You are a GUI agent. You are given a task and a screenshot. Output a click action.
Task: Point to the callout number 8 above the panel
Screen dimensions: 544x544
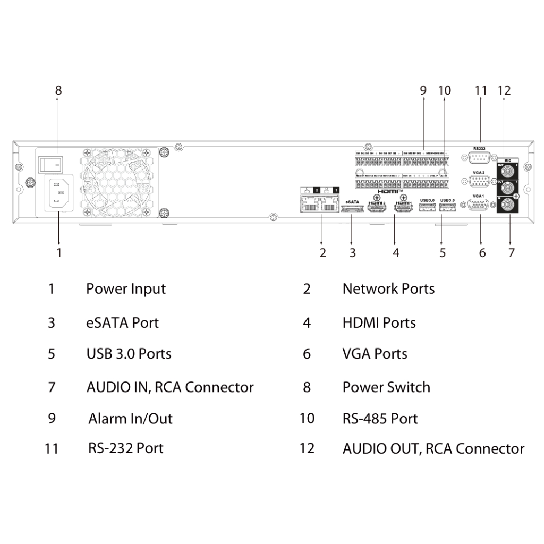pyautogui.click(x=58, y=90)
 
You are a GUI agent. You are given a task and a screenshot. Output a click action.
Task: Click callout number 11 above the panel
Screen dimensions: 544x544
pyautogui.click(x=481, y=90)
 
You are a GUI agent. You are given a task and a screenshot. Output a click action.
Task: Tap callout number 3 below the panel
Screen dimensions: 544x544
pyautogui.click(x=352, y=253)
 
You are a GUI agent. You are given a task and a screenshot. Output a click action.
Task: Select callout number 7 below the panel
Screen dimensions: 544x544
pyautogui.click(x=511, y=253)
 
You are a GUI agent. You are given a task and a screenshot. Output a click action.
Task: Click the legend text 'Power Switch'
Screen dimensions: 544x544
pyautogui.click(x=386, y=387)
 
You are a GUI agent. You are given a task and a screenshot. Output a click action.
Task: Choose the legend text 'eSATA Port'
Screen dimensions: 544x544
pyautogui.click(x=122, y=322)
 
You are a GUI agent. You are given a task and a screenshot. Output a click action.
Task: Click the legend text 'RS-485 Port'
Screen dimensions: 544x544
pyautogui.click(x=380, y=419)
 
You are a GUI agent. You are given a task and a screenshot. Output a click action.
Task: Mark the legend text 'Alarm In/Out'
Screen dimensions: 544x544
pyautogui.click(x=130, y=419)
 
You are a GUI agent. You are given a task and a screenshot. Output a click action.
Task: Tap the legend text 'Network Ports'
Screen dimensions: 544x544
pyautogui.click(x=388, y=289)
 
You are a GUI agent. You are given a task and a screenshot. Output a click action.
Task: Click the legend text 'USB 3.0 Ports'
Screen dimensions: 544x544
pyautogui.click(x=129, y=354)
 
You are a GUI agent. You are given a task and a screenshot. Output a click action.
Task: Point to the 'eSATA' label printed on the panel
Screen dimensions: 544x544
pyautogui.click(x=353, y=202)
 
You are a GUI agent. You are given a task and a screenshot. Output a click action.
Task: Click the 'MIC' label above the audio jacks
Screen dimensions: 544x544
pyautogui.click(x=507, y=159)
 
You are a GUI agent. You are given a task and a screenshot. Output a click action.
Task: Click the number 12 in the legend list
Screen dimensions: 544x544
pyautogui.click(x=307, y=448)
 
